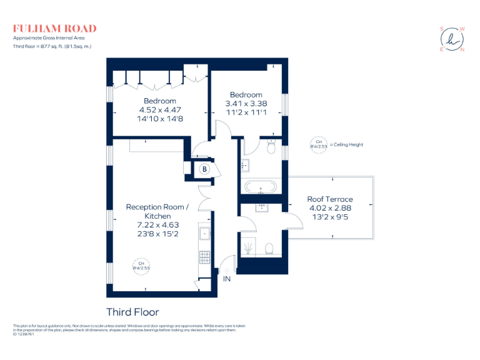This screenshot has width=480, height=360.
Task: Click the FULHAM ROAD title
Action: [55, 28]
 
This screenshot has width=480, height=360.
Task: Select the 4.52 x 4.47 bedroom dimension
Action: [160, 109]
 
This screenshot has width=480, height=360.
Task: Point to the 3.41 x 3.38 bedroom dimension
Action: [246, 104]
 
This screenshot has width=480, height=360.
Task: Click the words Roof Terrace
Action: [330, 199]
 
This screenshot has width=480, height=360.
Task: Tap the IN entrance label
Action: [227, 279]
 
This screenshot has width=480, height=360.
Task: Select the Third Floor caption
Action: [132, 312]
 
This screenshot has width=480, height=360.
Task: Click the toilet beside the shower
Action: [269, 249]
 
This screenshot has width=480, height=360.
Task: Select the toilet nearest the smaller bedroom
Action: [271, 147]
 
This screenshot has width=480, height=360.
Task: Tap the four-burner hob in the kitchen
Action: [204, 256]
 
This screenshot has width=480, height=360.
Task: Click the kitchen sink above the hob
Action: [204, 234]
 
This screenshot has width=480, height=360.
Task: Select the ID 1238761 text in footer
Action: [24, 334]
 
